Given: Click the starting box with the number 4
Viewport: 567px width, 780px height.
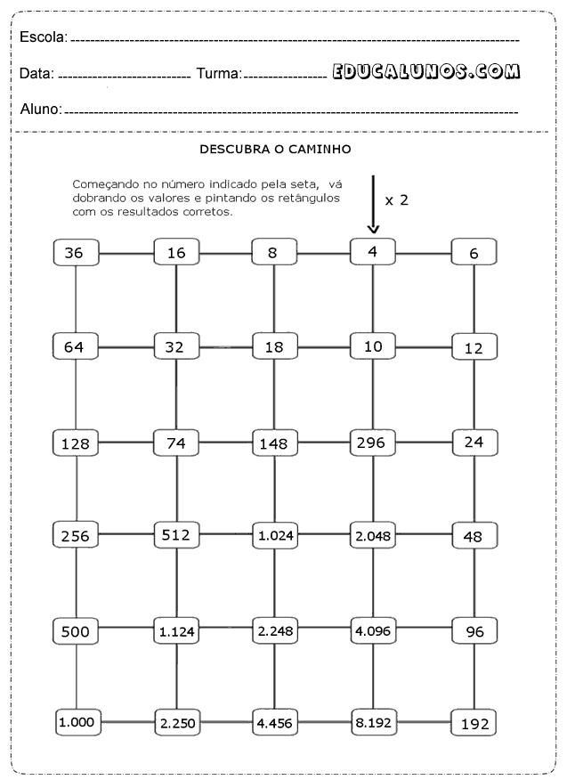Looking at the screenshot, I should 373,251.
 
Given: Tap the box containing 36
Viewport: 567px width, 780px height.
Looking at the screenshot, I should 75,253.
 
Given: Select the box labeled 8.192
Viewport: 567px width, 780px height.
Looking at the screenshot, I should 373,723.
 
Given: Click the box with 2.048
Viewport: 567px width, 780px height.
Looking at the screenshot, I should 373,536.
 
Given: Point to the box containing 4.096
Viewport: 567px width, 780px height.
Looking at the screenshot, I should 373,630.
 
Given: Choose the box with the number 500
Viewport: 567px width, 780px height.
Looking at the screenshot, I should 75,631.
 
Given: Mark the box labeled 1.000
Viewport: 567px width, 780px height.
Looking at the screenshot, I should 78,722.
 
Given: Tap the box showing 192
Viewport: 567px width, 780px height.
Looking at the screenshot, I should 474,724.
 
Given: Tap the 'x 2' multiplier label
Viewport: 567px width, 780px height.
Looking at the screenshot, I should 397,200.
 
